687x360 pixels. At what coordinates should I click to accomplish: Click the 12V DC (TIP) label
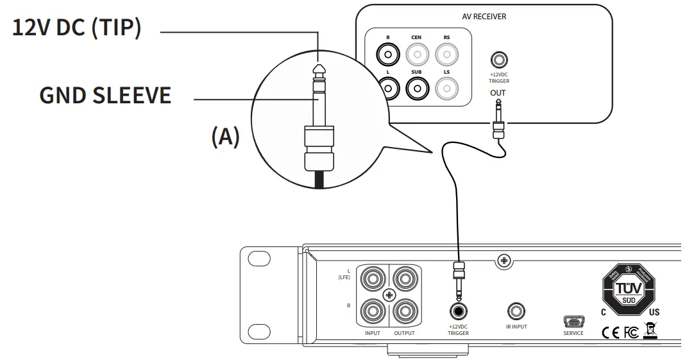click(x=77, y=29)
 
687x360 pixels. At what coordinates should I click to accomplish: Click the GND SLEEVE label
click(x=105, y=96)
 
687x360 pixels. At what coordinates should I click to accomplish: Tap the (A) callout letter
click(x=225, y=137)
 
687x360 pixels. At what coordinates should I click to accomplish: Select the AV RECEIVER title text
click(x=484, y=16)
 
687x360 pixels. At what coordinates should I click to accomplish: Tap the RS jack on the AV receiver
click(x=446, y=56)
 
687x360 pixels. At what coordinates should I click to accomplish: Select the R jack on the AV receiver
click(x=387, y=56)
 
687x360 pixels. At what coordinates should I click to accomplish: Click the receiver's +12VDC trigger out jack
click(x=498, y=61)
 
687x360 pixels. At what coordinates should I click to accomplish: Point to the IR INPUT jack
click(x=515, y=312)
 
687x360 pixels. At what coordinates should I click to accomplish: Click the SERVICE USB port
click(x=573, y=321)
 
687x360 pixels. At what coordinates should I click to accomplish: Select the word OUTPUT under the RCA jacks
click(x=404, y=333)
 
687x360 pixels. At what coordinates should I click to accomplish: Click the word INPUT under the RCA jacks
click(x=372, y=333)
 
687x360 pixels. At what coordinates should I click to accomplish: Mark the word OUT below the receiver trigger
click(x=498, y=93)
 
